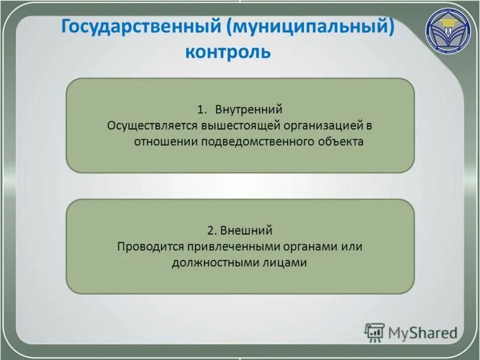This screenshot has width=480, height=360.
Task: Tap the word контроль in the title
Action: tap(229, 53)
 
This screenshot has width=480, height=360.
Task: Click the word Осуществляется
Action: tap(147, 126)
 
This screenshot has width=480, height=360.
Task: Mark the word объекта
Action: tap(341, 142)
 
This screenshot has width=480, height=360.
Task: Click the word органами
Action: tap(289, 247)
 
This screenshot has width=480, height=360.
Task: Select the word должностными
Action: tap(209, 263)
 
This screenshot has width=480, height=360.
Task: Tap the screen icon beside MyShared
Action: tap(374, 332)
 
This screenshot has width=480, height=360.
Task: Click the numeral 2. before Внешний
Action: tap(211, 230)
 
